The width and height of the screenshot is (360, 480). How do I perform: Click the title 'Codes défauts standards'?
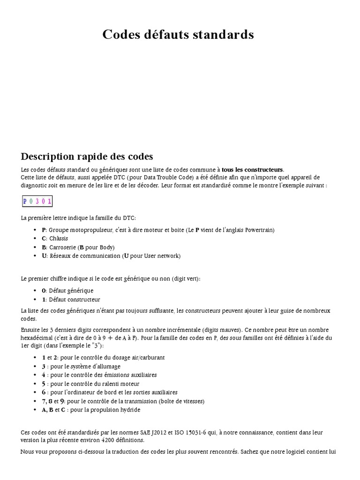pos(178,35)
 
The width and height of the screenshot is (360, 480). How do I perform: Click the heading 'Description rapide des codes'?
pos(87,156)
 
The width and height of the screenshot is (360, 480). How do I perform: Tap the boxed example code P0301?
pos(37,202)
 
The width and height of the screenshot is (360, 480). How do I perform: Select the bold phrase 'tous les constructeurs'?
pos(253,169)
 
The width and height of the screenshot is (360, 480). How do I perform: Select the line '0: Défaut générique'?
pos(67,291)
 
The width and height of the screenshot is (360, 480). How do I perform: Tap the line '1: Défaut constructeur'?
pos(71,300)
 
